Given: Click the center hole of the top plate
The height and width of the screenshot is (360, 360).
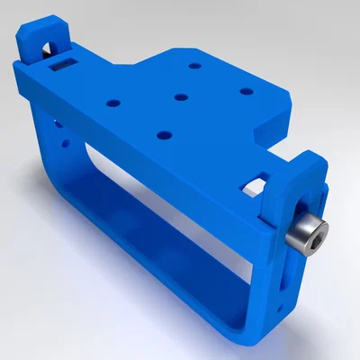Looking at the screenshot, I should pos(181,96).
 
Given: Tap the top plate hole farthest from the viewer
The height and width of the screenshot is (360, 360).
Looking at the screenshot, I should pos(194,66).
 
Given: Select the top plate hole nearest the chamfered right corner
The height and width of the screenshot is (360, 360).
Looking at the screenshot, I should pos(244,90).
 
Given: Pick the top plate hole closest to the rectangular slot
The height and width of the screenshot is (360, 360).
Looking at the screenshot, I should pos(112,102).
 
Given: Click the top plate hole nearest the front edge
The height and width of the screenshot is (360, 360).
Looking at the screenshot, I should pos(164,135).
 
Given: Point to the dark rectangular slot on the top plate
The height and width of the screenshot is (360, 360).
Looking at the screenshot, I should pos(63,64).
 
